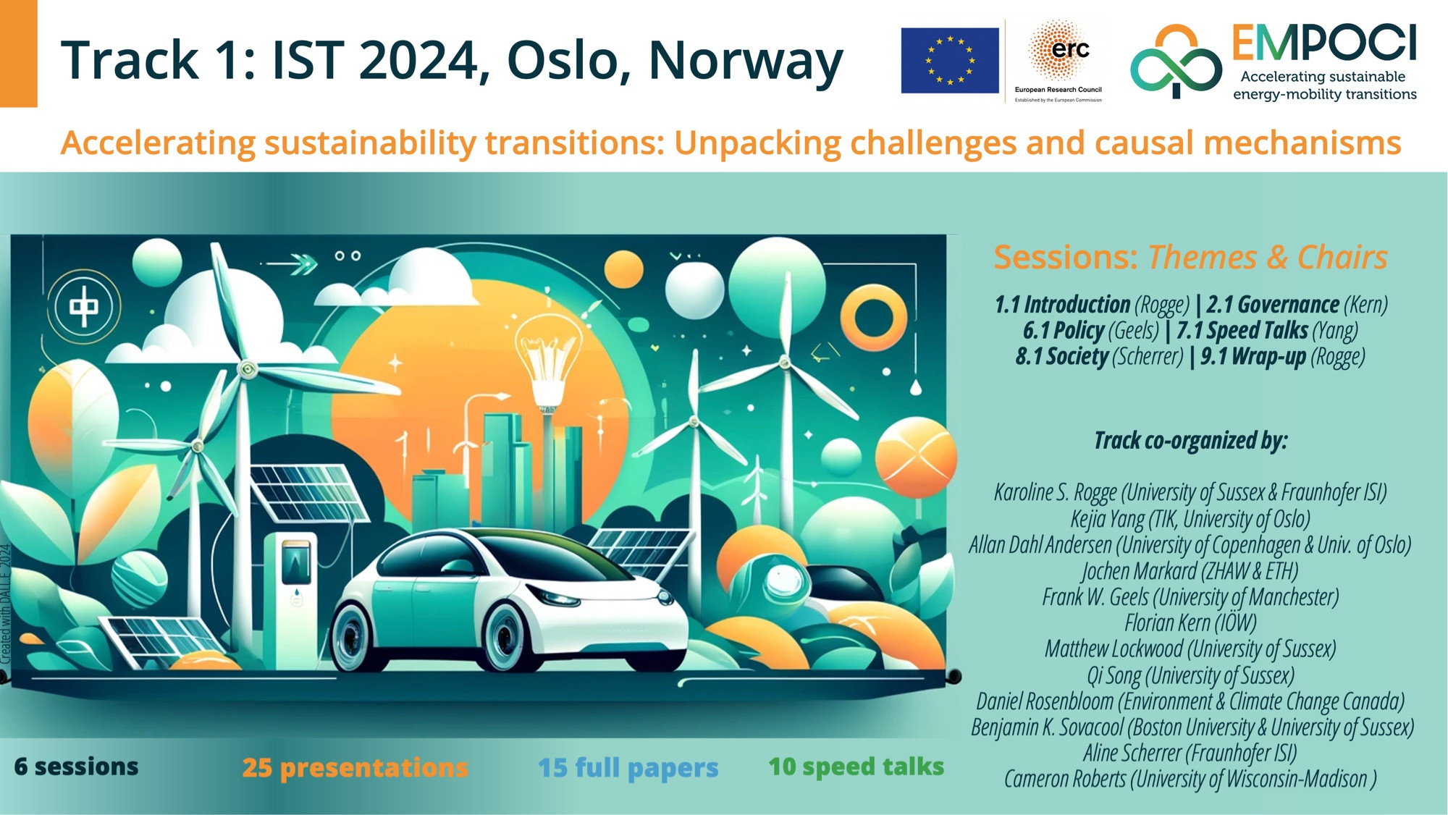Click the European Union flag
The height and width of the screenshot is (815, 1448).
point(950,61)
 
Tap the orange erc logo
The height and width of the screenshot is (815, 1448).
point(1058,51)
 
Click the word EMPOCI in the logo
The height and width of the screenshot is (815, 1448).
point(1324,43)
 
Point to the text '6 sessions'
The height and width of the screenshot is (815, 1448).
point(76,767)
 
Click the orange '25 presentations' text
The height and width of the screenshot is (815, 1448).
point(355,768)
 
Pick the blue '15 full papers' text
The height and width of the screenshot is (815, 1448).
point(628,768)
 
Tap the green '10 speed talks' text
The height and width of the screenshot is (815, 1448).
point(856,767)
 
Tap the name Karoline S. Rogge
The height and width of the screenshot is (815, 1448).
point(1056,493)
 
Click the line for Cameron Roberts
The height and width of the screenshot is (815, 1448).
point(1190,780)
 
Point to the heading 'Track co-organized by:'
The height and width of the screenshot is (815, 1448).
point(1191,441)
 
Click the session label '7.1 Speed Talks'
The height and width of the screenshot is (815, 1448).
point(1242,331)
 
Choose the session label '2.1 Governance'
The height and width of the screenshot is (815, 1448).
point(1273,305)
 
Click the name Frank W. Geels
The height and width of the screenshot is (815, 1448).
point(1095,598)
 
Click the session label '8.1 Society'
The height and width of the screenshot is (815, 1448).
point(1061,357)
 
